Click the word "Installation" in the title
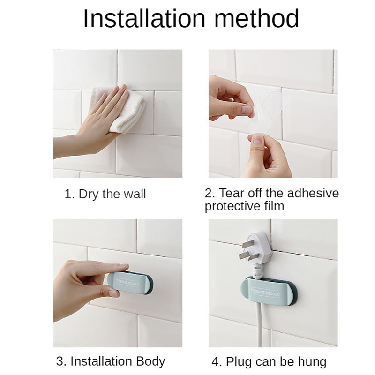144,19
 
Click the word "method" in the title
256,19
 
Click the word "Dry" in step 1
89,194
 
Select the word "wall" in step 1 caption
135,194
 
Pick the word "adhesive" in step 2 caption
313,193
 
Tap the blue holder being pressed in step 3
129,283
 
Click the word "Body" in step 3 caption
150,361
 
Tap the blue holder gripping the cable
269,291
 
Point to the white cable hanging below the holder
260,326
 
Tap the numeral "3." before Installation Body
61,361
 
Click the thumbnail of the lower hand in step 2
258,139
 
